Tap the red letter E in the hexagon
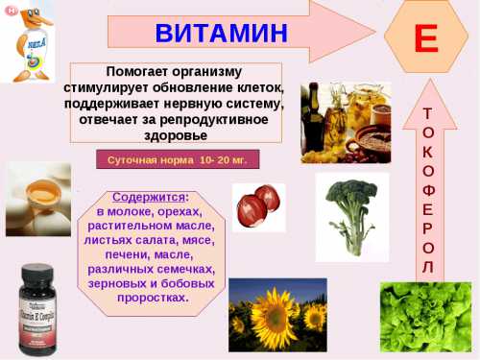point(425,37)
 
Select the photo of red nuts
point(258,207)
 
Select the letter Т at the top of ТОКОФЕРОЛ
point(427,113)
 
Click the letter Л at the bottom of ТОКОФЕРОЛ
point(427,266)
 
